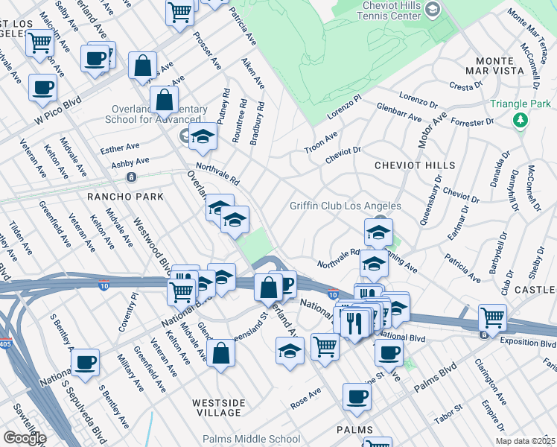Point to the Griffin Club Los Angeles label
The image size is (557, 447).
(x=346, y=206)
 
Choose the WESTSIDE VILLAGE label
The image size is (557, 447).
(x=218, y=408)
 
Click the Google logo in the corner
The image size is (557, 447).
(x=25, y=438)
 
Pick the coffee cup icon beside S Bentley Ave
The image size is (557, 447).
(x=86, y=362)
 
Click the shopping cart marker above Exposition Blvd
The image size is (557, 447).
(x=492, y=318)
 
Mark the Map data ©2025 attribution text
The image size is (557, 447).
(x=525, y=441)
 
